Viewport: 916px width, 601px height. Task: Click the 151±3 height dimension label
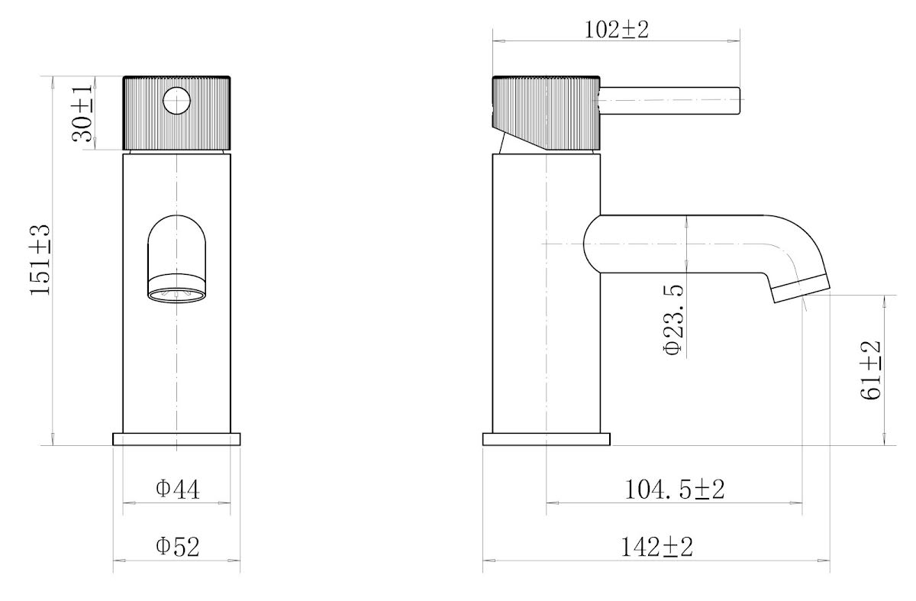(x=40, y=260)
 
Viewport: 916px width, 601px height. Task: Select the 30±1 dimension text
(x=82, y=113)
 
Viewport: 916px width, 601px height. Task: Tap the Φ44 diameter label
(x=177, y=489)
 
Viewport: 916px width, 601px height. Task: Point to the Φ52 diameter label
(x=177, y=547)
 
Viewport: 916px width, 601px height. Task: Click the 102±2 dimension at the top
(x=615, y=30)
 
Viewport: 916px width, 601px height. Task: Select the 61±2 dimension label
(x=872, y=370)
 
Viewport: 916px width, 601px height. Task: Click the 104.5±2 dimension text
(x=674, y=490)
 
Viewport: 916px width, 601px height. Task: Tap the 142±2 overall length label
(x=656, y=547)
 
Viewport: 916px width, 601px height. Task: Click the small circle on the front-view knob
(x=177, y=101)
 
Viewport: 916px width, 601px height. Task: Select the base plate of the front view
(x=176, y=439)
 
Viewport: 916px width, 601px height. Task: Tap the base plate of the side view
(x=547, y=439)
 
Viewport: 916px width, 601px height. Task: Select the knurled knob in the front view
(x=145, y=115)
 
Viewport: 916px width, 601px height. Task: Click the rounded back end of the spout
(x=591, y=243)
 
